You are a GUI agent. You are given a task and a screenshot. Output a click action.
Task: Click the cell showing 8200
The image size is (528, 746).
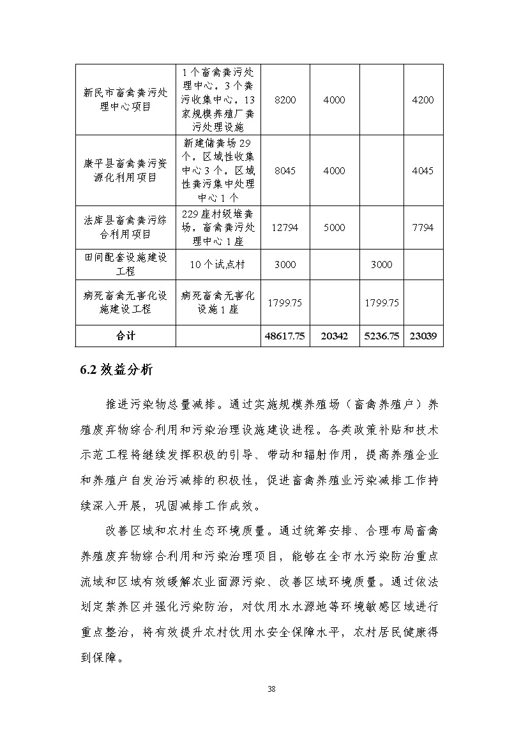(x=285, y=100)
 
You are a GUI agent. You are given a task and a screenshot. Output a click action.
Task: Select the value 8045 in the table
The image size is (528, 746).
(x=285, y=170)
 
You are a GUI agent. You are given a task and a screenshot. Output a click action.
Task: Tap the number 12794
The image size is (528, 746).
(x=285, y=227)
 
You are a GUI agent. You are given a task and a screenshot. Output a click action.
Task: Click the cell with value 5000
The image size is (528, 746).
(x=334, y=227)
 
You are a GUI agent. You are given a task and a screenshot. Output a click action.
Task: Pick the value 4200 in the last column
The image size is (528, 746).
(x=423, y=100)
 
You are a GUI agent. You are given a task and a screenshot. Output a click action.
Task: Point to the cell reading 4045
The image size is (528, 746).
(x=423, y=170)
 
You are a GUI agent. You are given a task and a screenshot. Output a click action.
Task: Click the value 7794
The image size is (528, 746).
(x=423, y=227)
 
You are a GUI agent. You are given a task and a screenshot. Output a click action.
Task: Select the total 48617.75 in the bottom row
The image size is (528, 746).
(x=285, y=336)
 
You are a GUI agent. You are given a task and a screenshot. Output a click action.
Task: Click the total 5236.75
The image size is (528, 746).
(x=381, y=336)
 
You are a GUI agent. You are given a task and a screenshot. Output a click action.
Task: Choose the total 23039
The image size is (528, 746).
(x=423, y=336)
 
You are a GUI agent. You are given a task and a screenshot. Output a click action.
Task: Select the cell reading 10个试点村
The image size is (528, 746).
(x=218, y=264)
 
